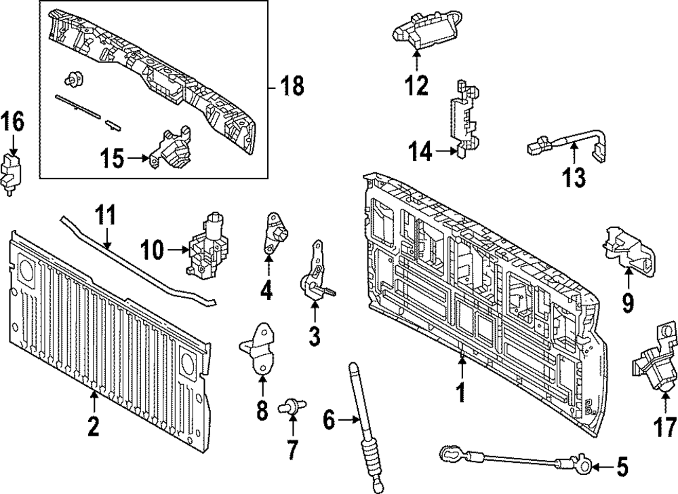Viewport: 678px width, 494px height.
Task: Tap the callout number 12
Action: (x=416, y=85)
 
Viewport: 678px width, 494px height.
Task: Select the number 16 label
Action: (x=12, y=123)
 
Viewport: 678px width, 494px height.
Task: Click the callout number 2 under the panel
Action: (x=93, y=427)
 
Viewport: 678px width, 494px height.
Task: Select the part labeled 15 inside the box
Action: (x=174, y=150)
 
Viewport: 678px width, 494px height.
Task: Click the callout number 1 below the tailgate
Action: (x=461, y=393)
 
